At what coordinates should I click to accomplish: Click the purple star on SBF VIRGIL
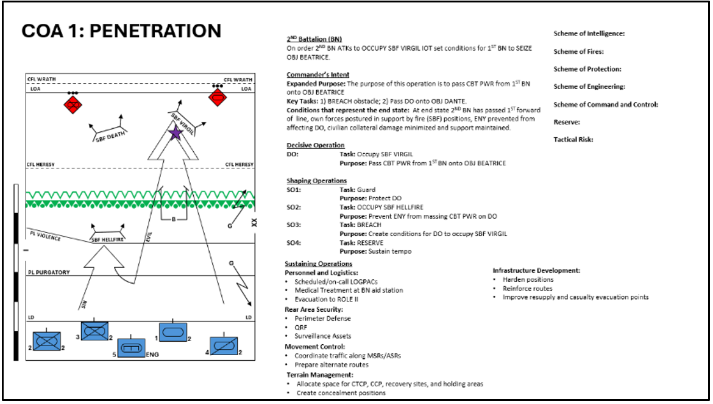(175, 134)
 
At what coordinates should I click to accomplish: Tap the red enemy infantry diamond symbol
(73, 105)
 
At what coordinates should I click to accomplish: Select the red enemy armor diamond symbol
(218, 97)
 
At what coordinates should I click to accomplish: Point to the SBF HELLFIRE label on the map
(107, 240)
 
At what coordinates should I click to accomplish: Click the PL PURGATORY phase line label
(48, 272)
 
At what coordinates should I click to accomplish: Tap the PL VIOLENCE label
(44, 236)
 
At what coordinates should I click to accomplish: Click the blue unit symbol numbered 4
(223, 346)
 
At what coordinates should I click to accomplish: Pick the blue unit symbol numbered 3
(94, 331)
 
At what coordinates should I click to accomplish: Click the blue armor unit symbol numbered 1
(172, 332)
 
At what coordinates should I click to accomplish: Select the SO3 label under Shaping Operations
(294, 225)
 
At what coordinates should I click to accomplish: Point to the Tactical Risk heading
(573, 140)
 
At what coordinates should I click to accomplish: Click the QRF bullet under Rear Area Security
(301, 327)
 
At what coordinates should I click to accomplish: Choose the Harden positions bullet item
(528, 280)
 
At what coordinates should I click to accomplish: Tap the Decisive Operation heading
(315, 145)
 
